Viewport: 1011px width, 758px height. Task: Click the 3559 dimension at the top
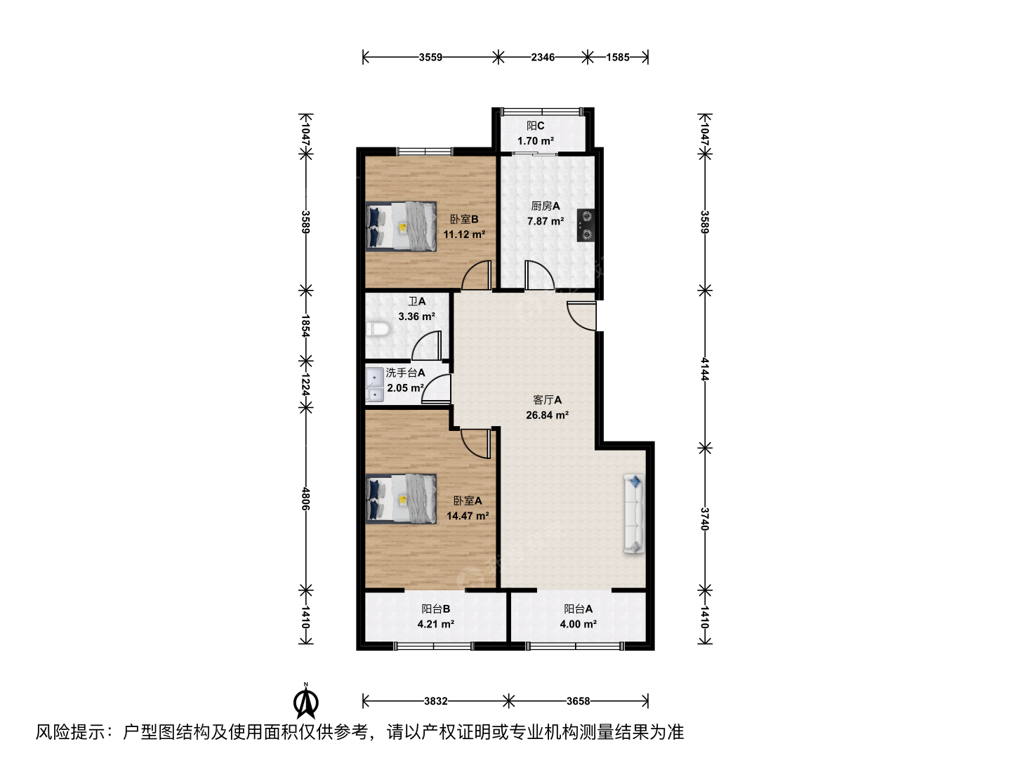point(430,57)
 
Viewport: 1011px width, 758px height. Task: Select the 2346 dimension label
point(543,57)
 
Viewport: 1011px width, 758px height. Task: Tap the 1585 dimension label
point(618,57)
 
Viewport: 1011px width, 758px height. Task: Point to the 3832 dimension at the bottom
point(436,701)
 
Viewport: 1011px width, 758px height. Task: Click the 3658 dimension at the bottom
point(578,701)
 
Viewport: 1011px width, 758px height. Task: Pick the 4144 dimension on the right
point(704,368)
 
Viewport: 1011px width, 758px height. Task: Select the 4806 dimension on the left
point(305,498)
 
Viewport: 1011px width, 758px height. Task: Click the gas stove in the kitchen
point(586,225)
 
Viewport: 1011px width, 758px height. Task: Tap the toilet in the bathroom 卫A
point(378,329)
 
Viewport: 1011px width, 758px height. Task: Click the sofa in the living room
point(634,513)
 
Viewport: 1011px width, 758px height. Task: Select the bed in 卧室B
point(401,227)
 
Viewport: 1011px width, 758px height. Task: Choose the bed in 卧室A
point(401,499)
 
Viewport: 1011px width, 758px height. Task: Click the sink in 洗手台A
point(374,385)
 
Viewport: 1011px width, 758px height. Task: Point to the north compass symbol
point(306,701)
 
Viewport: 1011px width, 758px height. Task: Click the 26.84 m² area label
point(547,415)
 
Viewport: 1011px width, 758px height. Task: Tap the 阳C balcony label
point(535,126)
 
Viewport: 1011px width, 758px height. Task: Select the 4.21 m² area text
point(436,624)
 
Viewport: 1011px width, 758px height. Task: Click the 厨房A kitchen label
point(546,206)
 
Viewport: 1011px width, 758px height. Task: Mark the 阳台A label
point(578,609)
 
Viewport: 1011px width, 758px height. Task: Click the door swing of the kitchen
point(539,275)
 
